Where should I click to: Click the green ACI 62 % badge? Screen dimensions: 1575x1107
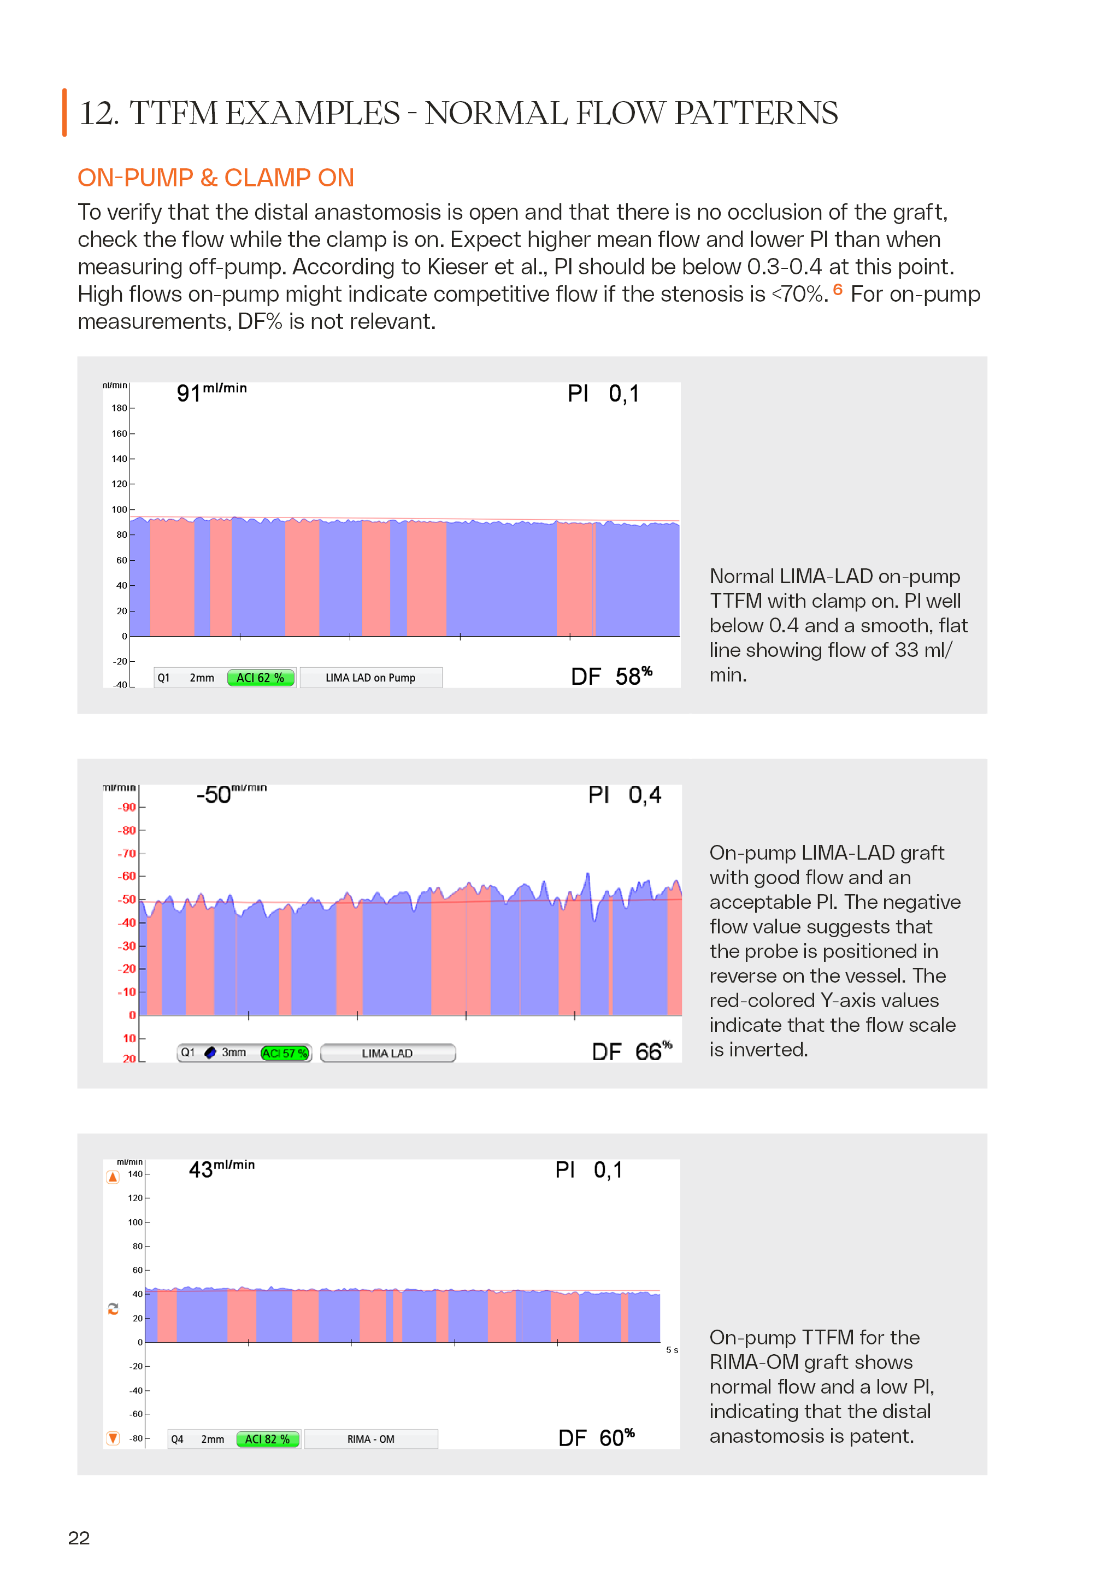tap(261, 678)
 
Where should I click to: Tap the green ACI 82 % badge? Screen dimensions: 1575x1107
tap(268, 1439)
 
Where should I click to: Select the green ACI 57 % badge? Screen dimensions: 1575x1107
tap(285, 1053)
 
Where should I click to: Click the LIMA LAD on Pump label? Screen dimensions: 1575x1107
tap(370, 678)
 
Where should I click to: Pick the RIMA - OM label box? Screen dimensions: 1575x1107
tap(371, 1439)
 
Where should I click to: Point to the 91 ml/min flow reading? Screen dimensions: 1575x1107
tap(211, 392)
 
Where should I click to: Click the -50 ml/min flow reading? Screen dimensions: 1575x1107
tap(231, 794)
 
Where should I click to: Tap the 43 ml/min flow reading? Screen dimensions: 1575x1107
tap(221, 1169)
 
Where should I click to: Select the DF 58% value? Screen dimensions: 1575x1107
tap(611, 677)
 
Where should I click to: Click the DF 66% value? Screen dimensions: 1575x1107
tap(632, 1051)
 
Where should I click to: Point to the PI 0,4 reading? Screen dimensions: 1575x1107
tap(624, 795)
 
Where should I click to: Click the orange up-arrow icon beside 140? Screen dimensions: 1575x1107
tap(113, 1177)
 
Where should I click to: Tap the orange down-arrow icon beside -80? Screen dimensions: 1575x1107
tap(113, 1438)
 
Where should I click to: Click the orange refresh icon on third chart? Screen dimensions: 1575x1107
tap(113, 1309)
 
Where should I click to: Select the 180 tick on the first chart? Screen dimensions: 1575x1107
tap(119, 408)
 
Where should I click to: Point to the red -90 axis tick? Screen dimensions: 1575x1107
tap(127, 807)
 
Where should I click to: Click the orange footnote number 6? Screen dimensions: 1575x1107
tap(838, 290)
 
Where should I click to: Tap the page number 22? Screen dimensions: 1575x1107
tap(79, 1538)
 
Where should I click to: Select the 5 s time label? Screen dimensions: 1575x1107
tap(672, 1350)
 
